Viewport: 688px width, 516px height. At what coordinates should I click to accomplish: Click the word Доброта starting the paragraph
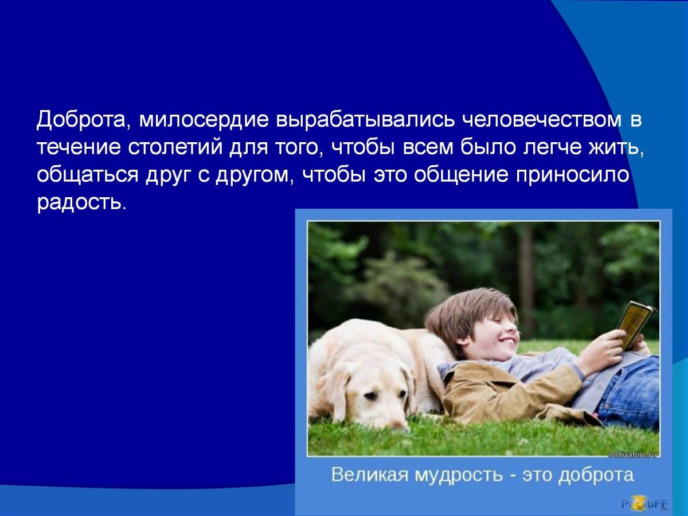click(79, 121)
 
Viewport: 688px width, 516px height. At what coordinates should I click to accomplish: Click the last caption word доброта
click(596, 475)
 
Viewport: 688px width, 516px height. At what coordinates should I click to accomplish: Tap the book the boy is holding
click(634, 324)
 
